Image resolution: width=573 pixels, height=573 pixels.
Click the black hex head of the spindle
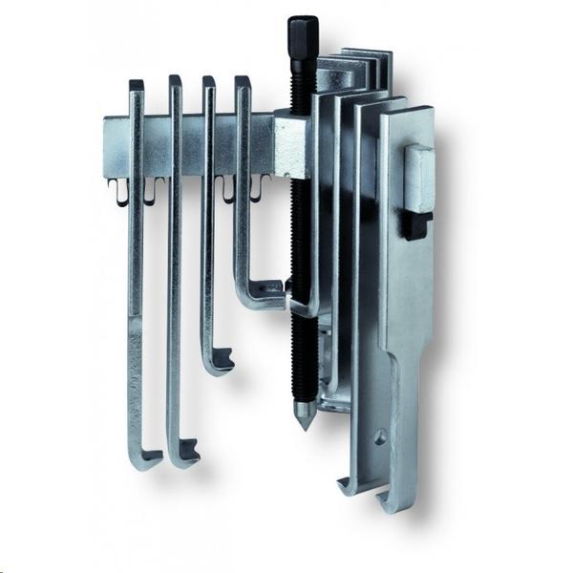tap(302, 35)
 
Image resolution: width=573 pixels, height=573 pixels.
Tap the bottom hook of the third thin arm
tap(219, 361)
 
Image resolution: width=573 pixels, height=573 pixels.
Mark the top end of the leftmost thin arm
tap(136, 86)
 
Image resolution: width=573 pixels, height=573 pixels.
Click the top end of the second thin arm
tap(175, 82)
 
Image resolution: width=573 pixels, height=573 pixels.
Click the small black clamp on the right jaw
tap(414, 225)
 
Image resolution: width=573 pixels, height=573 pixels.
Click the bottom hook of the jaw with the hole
tap(350, 484)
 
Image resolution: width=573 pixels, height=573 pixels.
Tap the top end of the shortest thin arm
tap(243, 83)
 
